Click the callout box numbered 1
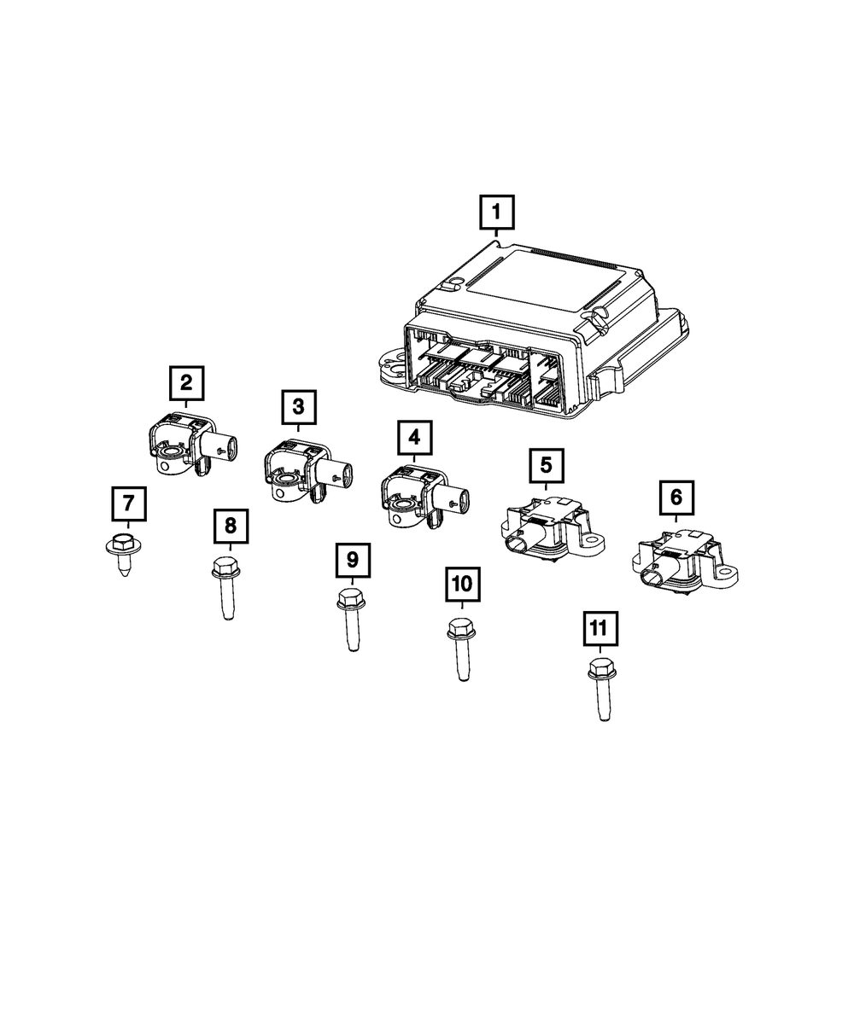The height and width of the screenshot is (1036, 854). coord(496,212)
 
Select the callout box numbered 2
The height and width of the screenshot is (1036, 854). coord(187,383)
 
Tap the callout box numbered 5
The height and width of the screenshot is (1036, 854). coord(547,465)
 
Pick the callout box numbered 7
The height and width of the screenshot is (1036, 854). coord(129,503)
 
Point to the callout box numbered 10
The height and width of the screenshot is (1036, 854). coord(462,584)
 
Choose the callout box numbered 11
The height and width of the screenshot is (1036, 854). coord(600,629)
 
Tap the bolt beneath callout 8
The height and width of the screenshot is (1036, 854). coord(227,589)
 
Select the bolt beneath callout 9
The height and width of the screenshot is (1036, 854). coord(352,620)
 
